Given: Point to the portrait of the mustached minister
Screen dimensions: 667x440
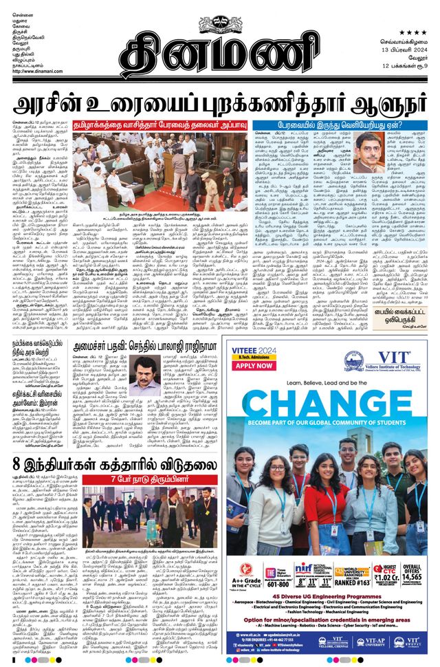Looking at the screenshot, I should [147, 376].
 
